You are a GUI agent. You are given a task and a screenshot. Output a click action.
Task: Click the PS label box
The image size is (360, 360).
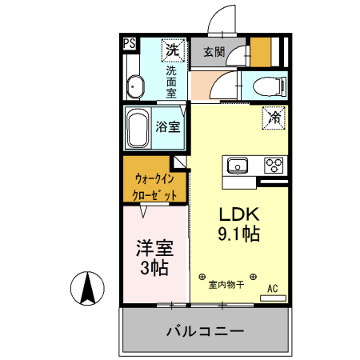pos(129,45)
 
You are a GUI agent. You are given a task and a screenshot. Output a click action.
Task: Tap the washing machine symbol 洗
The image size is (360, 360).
pos(171,50)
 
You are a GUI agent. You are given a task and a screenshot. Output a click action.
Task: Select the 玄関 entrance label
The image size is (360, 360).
pos(213,53)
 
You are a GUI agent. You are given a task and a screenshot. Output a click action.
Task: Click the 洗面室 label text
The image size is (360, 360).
pos(171,82)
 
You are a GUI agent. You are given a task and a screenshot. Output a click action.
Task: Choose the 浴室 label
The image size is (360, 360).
pos(167,126)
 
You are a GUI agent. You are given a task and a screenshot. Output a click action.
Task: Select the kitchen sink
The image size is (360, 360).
pos(238,166)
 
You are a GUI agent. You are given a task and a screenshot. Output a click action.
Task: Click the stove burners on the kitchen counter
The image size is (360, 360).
pos(274,166)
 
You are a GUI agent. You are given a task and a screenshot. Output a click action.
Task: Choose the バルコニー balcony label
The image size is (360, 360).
pos(204,330)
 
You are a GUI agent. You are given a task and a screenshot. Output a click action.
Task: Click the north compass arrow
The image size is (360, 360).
pos(90,288)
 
